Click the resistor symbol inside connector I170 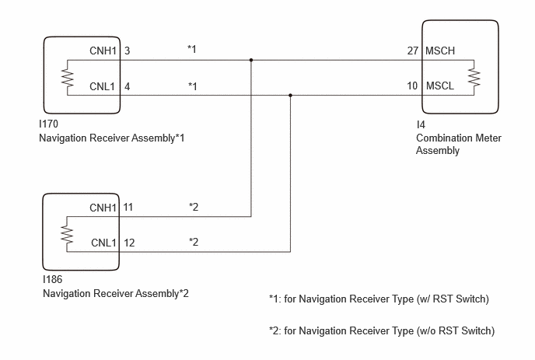pyautogui.click(x=68, y=78)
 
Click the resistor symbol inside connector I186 pyautogui.click(x=67, y=234)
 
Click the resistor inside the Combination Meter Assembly pyautogui.click(x=474, y=78)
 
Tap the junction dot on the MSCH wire pyautogui.click(x=251, y=60)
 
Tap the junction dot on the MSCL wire pyautogui.click(x=290, y=96)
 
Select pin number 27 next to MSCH pyautogui.click(x=412, y=51)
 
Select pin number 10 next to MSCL pyautogui.click(x=412, y=86)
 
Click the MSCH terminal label pyautogui.click(x=440, y=51)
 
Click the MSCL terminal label pyautogui.click(x=440, y=86)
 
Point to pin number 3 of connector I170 pyautogui.click(x=127, y=51)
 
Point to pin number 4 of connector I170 pyautogui.click(x=127, y=86)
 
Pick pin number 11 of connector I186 pyautogui.click(x=128, y=207)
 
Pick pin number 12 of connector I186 pyautogui.click(x=129, y=243)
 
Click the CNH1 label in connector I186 pyautogui.click(x=103, y=208)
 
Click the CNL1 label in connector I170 pyautogui.click(x=103, y=86)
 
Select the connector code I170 pyautogui.click(x=48, y=124)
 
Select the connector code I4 pyautogui.click(x=421, y=124)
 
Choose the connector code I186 pyautogui.click(x=53, y=279)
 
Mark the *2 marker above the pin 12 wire pyautogui.click(x=194, y=242)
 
